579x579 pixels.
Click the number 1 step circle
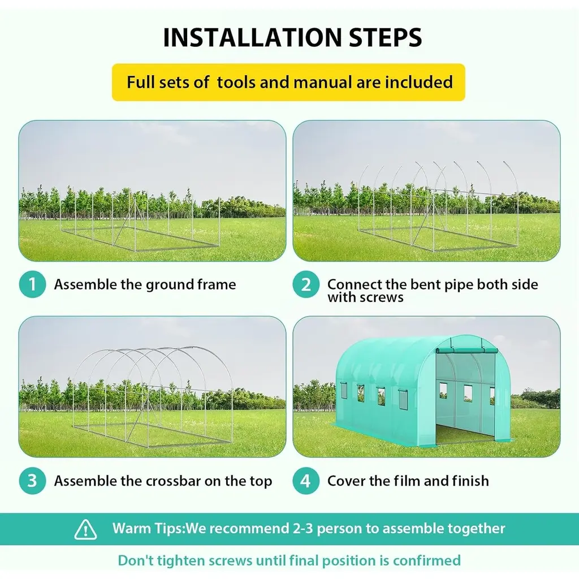[32, 284]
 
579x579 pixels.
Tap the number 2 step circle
[306, 284]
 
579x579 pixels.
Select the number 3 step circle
[32, 481]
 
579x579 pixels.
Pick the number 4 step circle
[306, 481]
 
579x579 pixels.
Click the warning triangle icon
[86, 529]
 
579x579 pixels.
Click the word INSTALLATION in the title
[253, 37]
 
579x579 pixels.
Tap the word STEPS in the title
[385, 37]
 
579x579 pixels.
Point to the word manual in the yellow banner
[323, 82]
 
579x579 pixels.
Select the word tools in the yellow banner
[236, 82]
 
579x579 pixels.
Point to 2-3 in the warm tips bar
[303, 529]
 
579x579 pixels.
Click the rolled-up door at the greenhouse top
[466, 351]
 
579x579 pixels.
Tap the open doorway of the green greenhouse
[466, 398]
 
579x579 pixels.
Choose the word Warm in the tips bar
[129, 529]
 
